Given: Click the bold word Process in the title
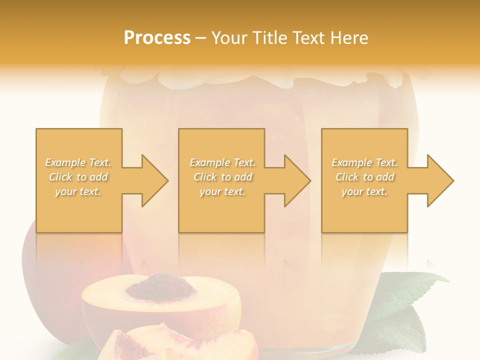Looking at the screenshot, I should (157, 38).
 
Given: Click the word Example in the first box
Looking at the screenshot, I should (65, 162).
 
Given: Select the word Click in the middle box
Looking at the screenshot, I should (204, 177).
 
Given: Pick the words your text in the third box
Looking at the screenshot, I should (364, 191).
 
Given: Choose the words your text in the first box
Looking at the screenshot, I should (78, 191).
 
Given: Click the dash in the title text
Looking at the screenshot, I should (201, 38).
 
